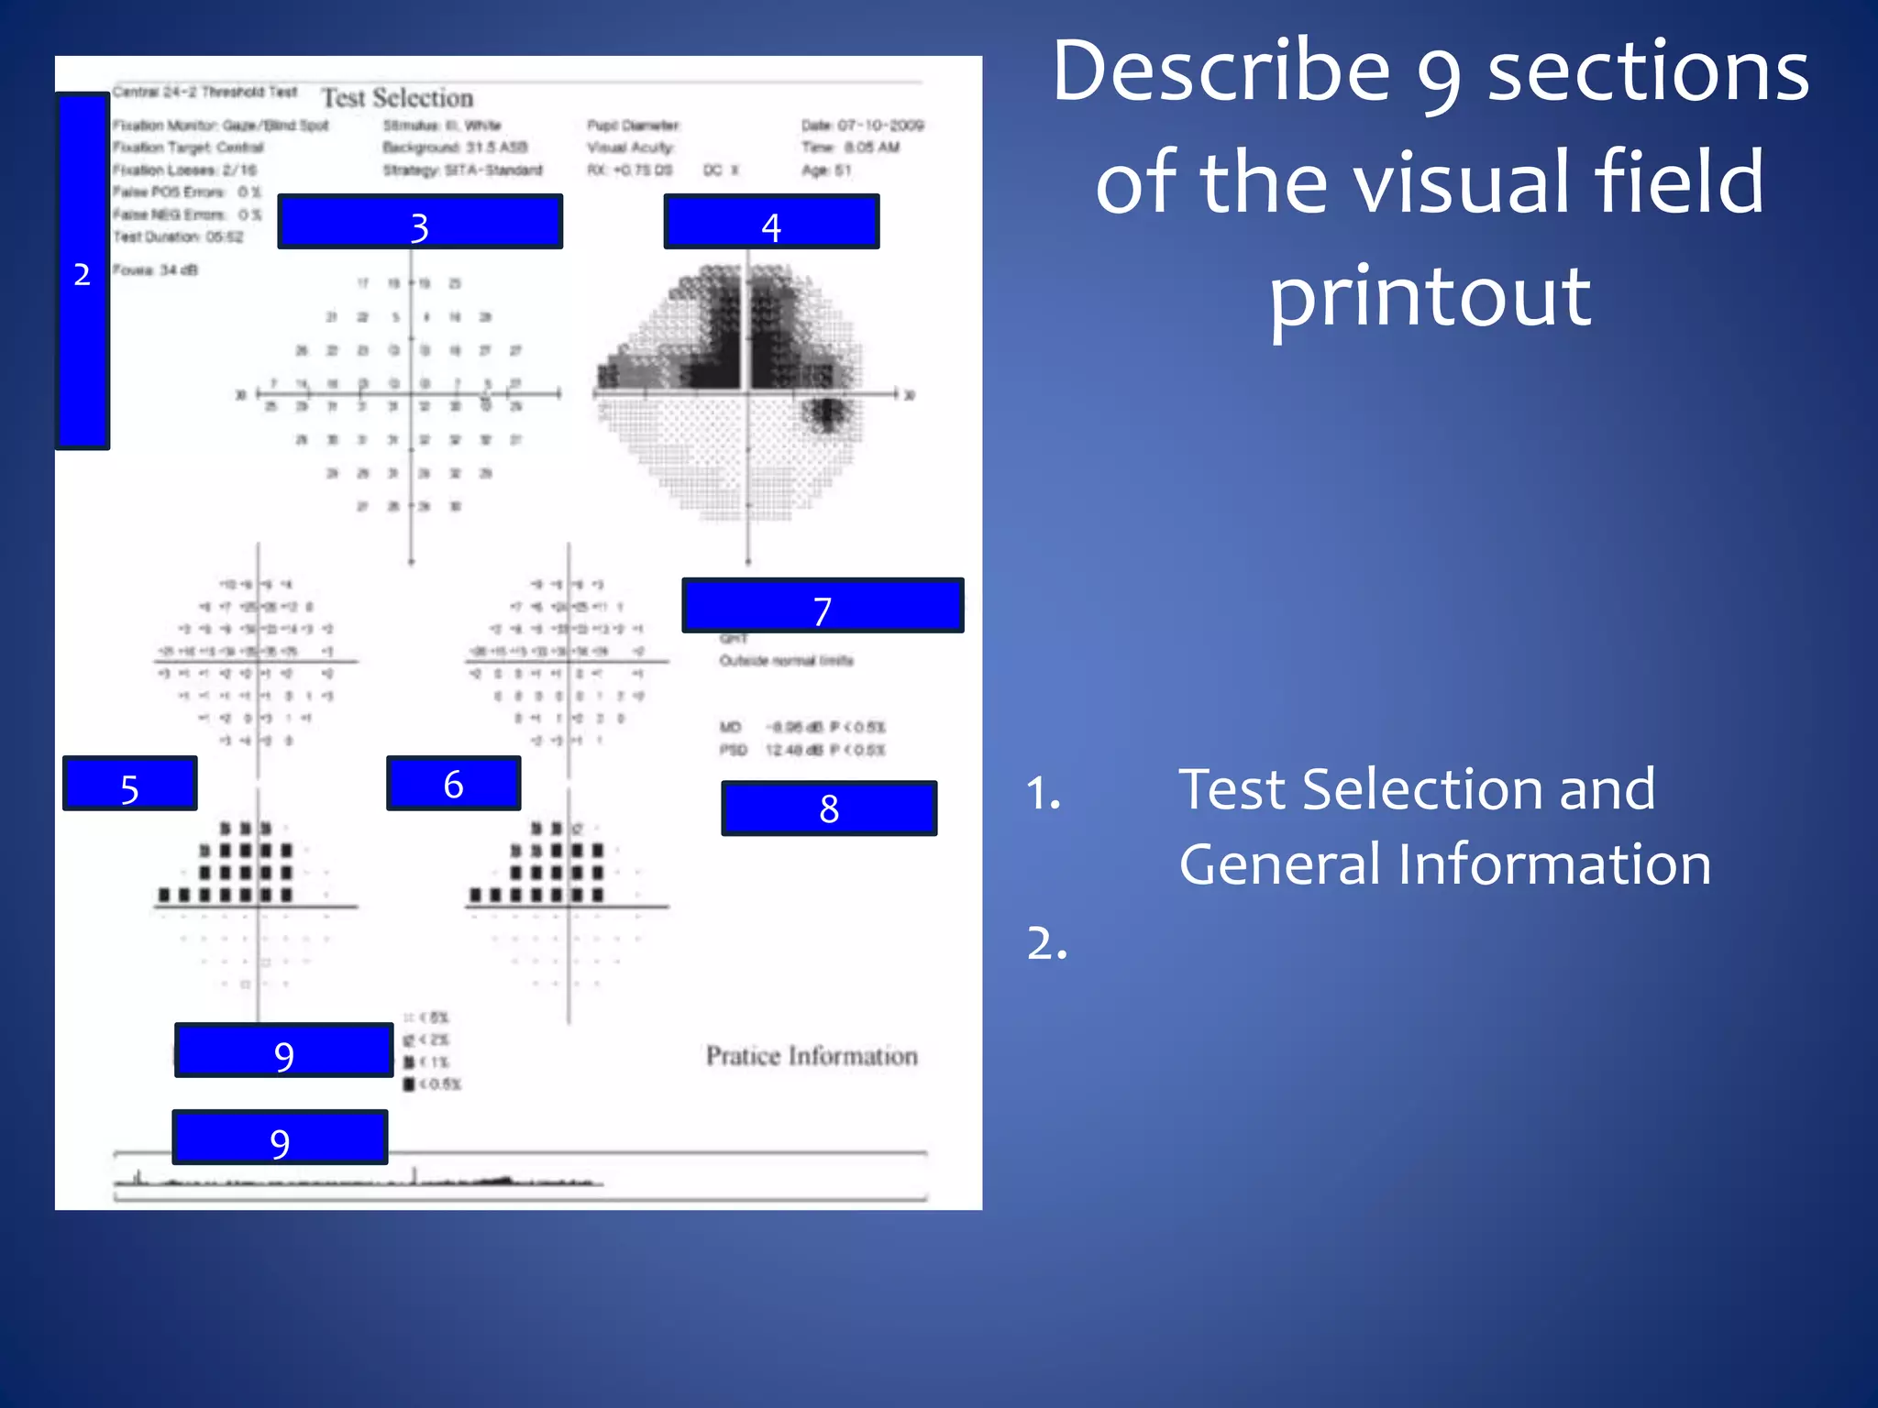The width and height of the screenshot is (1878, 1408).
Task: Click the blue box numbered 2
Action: [x=83, y=271]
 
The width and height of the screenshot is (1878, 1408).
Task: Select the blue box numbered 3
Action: [x=420, y=222]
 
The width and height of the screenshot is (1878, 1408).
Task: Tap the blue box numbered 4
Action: [x=771, y=222]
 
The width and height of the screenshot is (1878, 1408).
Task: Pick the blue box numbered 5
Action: [x=129, y=784]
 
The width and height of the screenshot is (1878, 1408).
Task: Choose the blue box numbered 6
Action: [x=453, y=784]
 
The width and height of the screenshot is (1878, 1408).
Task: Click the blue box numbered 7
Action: [x=823, y=606]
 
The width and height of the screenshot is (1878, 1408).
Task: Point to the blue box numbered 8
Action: [x=829, y=808]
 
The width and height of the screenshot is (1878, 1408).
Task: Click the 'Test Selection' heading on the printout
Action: [x=397, y=98]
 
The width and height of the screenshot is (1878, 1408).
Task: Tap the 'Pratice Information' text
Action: [x=812, y=1056]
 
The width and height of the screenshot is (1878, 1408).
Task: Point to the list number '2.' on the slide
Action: [x=1047, y=943]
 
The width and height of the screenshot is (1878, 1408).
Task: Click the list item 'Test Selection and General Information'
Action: [x=1444, y=826]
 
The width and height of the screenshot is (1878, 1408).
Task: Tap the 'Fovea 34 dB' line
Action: [x=155, y=270]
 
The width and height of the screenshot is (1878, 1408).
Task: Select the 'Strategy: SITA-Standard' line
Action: [x=462, y=170]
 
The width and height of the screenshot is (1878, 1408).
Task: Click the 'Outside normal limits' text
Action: [x=786, y=661]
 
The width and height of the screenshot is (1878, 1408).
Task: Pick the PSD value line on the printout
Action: [x=802, y=751]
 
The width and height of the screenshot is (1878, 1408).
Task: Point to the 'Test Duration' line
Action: [x=178, y=237]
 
